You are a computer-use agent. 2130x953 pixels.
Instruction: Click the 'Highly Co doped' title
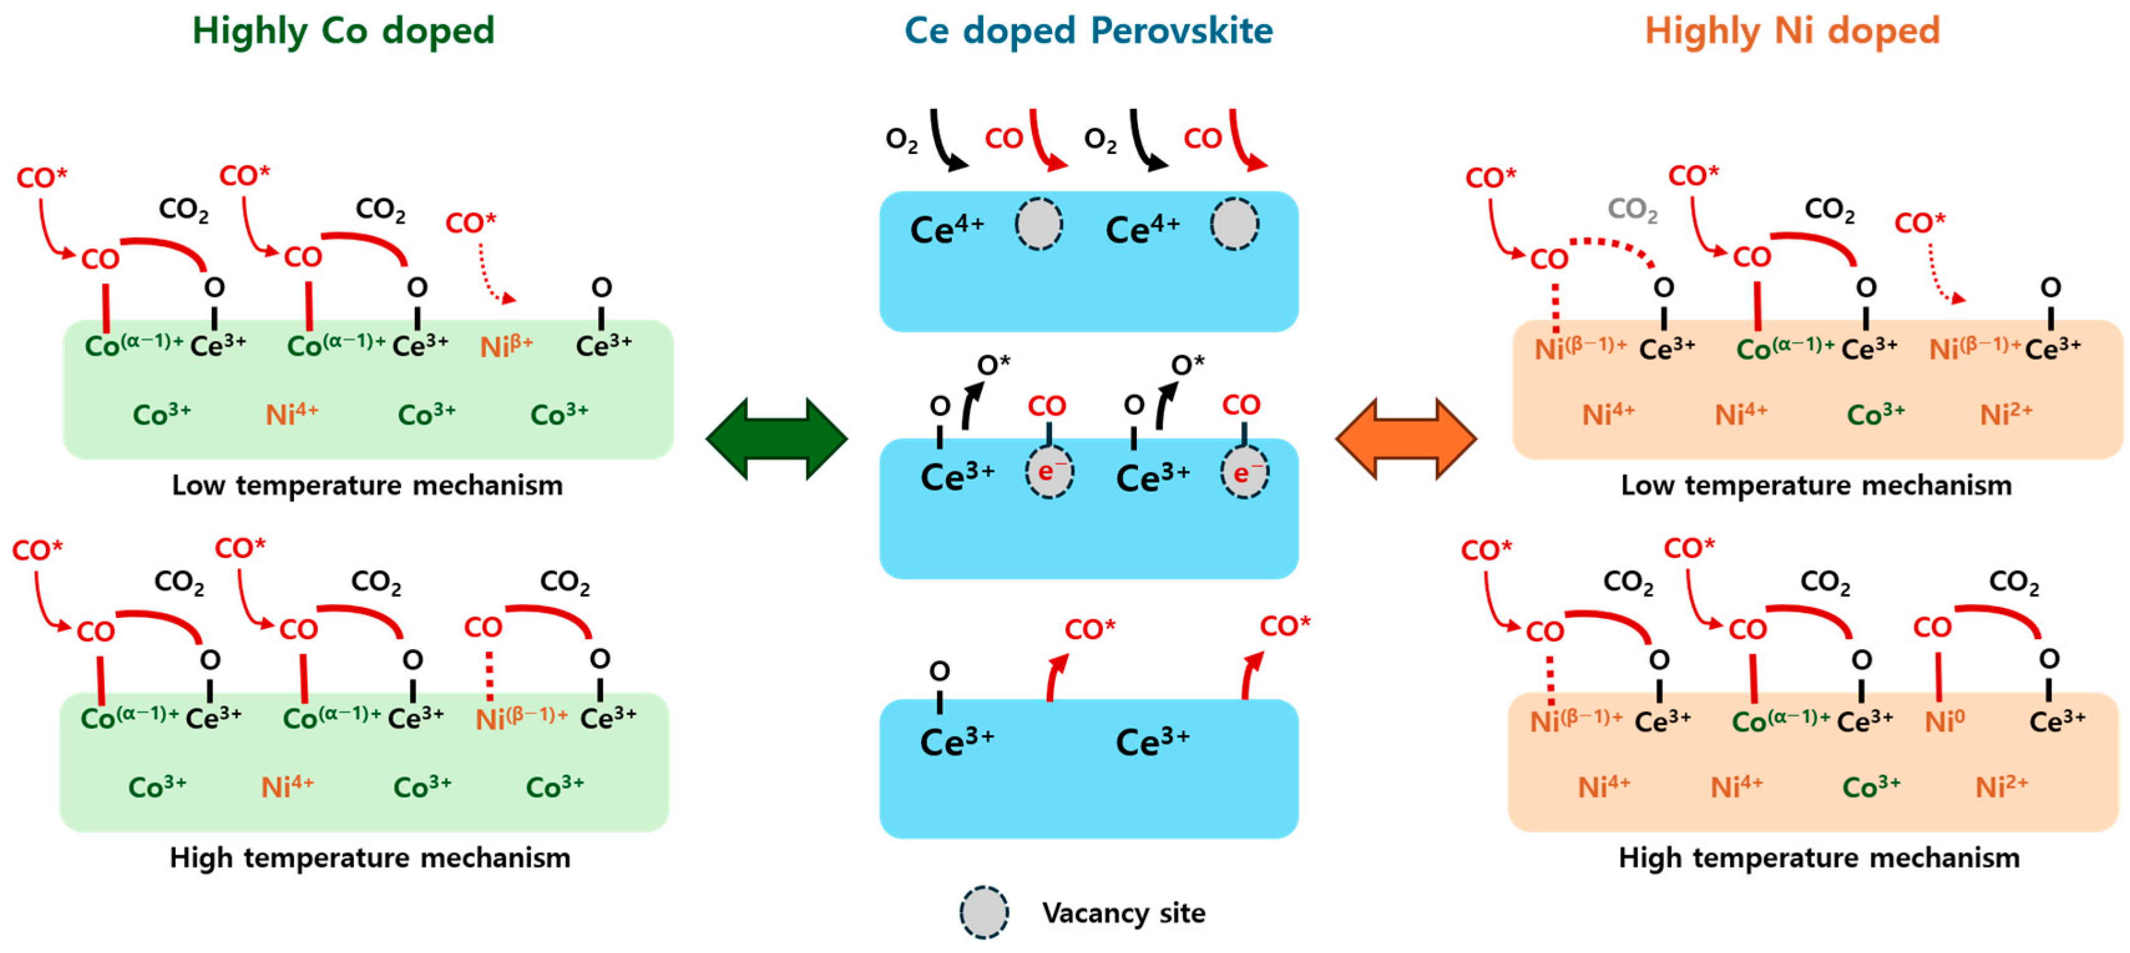[x=343, y=31]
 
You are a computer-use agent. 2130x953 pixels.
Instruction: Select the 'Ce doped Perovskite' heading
[x=1088, y=31]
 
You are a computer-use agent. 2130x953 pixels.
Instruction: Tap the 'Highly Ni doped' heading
[x=1792, y=31]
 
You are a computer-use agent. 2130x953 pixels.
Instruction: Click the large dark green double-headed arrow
[x=776, y=439]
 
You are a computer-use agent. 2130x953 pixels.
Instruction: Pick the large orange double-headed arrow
[x=1406, y=439]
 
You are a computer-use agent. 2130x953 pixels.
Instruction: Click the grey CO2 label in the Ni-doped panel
[x=1632, y=210]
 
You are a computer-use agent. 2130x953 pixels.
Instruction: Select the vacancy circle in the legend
[x=984, y=913]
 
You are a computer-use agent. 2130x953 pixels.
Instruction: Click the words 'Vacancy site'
[x=1123, y=913]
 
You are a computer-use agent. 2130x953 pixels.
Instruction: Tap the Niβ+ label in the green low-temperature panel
[x=506, y=346]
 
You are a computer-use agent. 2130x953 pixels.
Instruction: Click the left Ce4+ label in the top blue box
[x=947, y=229]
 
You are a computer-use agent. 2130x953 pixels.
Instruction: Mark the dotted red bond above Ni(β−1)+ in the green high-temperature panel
[x=490, y=676]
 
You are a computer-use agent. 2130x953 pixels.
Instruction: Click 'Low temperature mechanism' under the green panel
[x=367, y=485]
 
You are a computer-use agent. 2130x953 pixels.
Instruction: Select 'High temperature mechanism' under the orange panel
[x=1818, y=858]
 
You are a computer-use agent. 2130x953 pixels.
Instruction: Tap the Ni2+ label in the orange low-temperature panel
[x=2005, y=413]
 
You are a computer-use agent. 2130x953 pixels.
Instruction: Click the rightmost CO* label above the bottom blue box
[x=1284, y=627]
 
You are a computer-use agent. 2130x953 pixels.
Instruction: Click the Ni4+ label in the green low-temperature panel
[x=291, y=413]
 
